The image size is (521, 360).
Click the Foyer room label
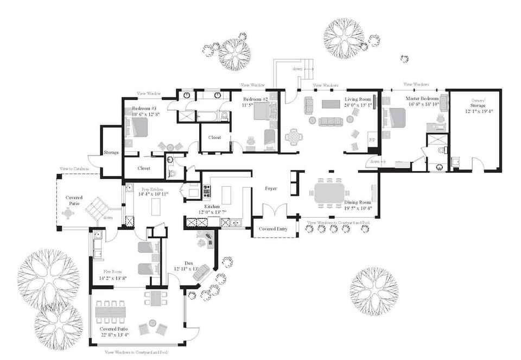[271, 188]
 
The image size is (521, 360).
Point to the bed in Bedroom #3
[138, 128]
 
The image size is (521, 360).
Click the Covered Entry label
[273, 229]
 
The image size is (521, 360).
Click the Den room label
[189, 263]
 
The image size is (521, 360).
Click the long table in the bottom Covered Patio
[111, 312]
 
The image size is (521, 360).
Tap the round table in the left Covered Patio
[68, 213]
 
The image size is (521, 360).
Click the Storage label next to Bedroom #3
[111, 153]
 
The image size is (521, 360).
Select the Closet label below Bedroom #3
[144, 168]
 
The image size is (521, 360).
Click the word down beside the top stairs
[297, 69]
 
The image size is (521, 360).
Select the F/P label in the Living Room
[372, 139]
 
